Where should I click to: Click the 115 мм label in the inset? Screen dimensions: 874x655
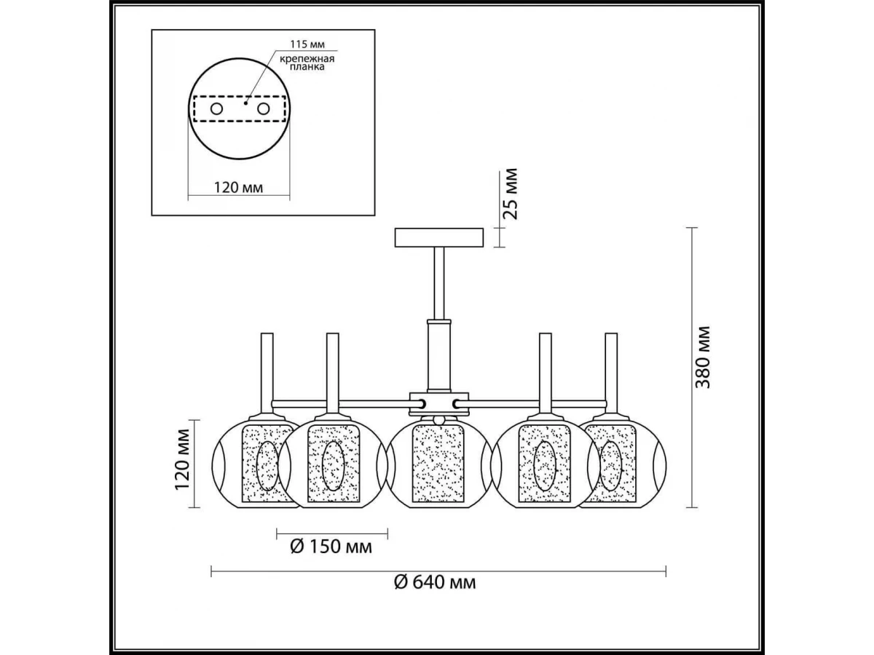pos(307,44)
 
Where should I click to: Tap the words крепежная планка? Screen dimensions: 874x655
pos(307,63)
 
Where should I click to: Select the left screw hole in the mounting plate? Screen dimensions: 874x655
pos(216,108)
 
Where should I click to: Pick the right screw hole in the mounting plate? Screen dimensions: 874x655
pos(263,108)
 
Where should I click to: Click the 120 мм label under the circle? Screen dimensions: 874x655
pos(238,187)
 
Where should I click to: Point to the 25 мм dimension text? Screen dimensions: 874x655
pos(511,194)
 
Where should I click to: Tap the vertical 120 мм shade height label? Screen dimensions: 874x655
pos(183,465)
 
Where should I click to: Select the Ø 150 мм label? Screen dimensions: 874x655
pos(331,547)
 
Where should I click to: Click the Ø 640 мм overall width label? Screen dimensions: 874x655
pos(435,583)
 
